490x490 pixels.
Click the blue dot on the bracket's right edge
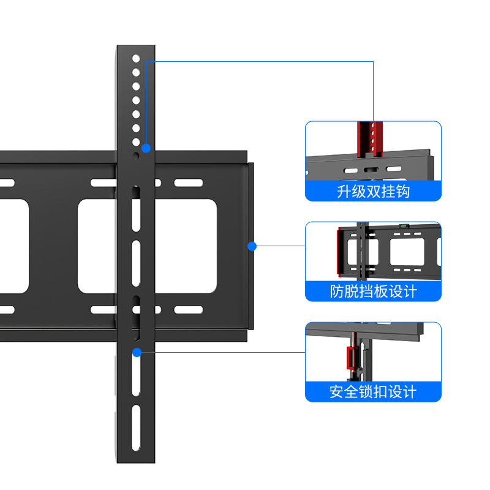[x=251, y=246]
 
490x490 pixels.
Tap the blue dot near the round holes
[x=146, y=148]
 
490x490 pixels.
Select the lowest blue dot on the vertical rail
[x=137, y=352]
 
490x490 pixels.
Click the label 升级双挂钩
[x=373, y=192]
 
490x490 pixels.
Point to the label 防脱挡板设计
[x=373, y=292]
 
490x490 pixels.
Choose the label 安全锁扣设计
[x=373, y=391]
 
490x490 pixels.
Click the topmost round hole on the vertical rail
[x=136, y=59]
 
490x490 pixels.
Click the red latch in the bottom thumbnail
[x=351, y=358]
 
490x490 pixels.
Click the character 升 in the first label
[x=344, y=192]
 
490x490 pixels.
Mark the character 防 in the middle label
[x=337, y=292]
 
